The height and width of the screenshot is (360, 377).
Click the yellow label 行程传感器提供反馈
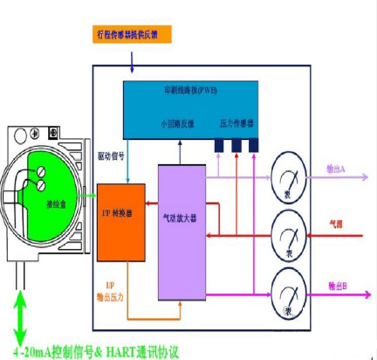pos(131,35)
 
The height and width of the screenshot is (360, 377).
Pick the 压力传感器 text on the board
pos(237,125)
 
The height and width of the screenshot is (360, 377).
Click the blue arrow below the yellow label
pos(131,59)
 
